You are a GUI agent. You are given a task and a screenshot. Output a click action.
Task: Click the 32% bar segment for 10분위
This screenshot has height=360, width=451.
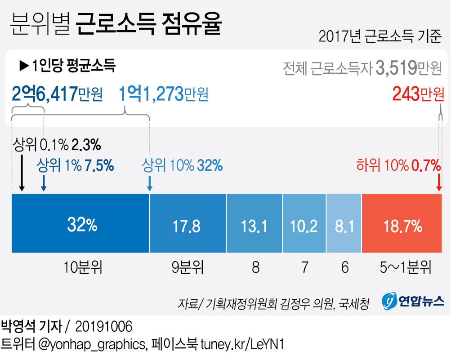pos(81,224)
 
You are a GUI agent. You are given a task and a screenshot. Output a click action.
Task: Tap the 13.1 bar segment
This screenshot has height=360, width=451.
pos(255,224)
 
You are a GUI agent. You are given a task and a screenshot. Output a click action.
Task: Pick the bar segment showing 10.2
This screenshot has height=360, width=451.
pos(304,224)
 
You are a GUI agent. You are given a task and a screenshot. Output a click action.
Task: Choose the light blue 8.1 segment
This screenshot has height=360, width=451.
pos(344,224)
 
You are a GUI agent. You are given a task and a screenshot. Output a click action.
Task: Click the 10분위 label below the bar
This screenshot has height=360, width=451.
pos(83,268)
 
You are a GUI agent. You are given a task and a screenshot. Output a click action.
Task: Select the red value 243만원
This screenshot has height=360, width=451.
pos(418,95)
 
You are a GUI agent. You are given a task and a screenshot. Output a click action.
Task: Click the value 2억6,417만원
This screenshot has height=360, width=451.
pos(58,94)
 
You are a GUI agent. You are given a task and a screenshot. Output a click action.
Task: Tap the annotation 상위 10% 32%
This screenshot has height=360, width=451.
pos(182,165)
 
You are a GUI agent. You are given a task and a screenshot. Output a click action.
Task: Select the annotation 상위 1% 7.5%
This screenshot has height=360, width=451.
pos(75,165)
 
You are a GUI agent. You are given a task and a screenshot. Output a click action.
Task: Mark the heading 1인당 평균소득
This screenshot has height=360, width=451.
pos(68,66)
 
